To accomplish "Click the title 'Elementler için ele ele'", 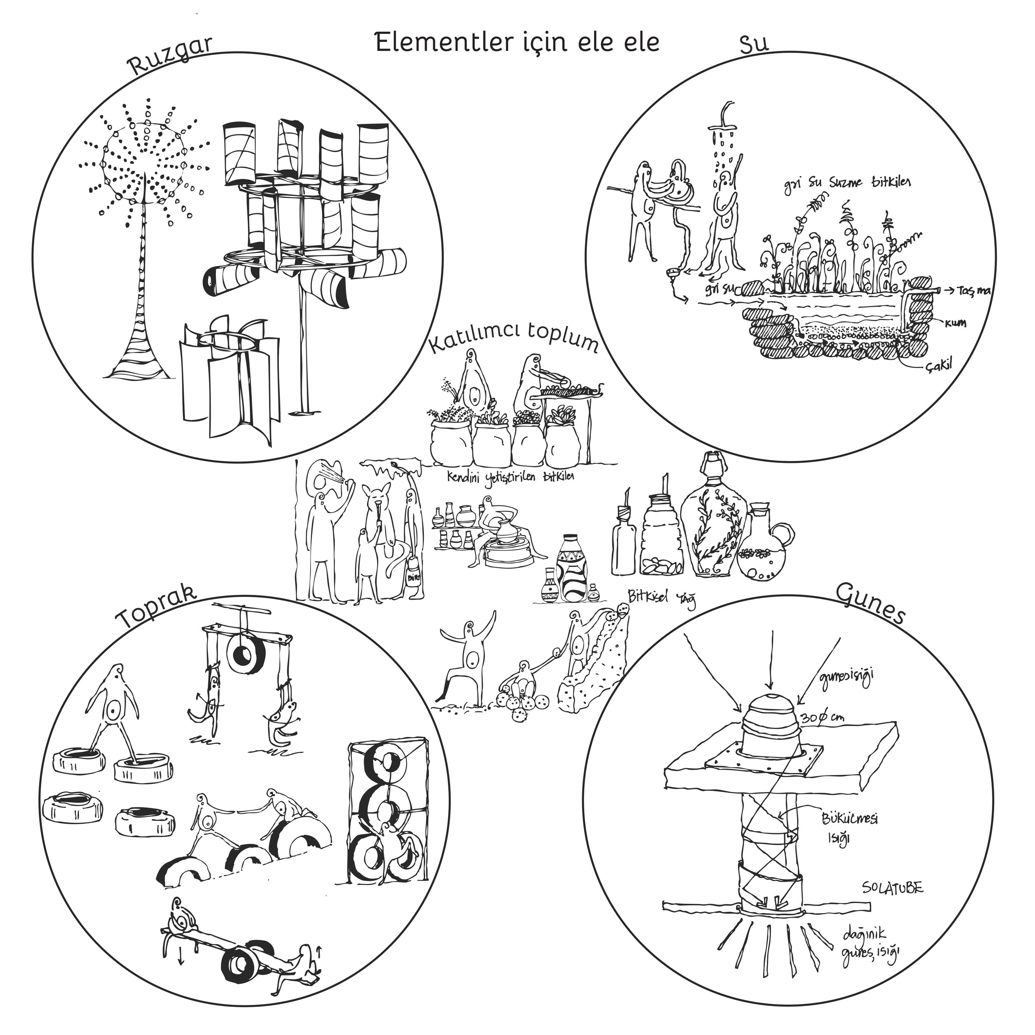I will click(517, 42).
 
